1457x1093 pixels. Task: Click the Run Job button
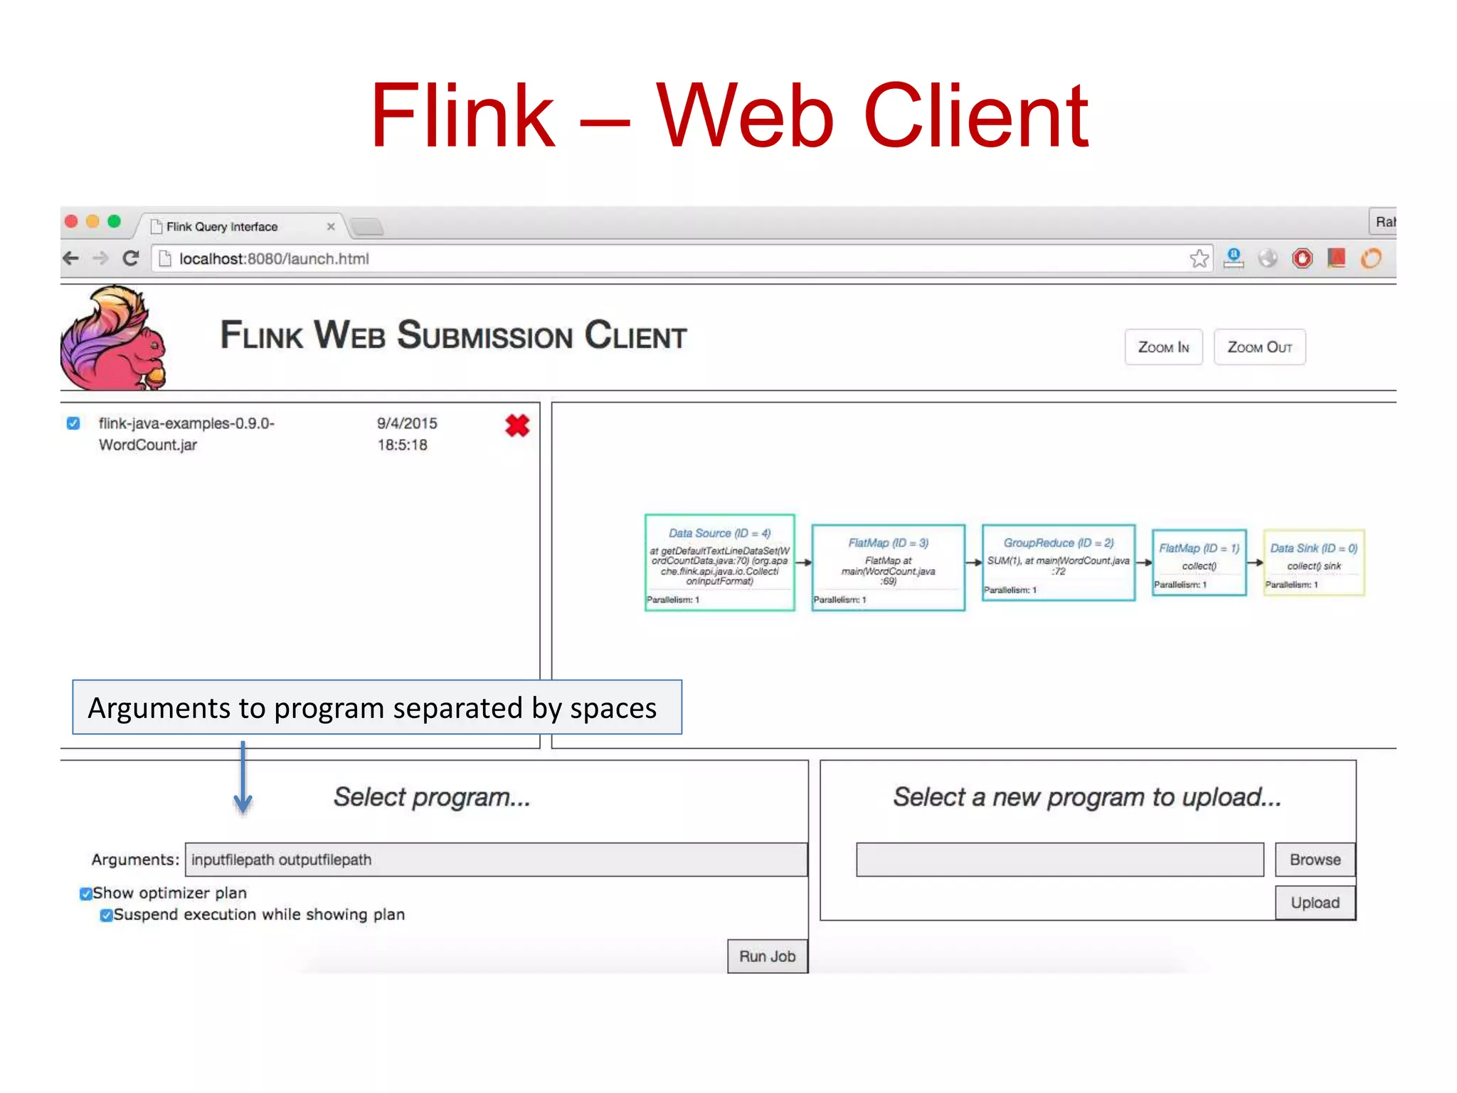tap(767, 956)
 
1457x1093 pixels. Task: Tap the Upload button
tap(1315, 902)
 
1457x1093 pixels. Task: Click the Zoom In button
tap(1163, 347)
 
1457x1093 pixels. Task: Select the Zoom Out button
tap(1259, 347)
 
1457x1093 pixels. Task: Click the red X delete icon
tap(517, 426)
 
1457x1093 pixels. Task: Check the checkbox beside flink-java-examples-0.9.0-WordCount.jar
tap(73, 423)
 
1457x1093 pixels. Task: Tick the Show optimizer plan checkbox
tap(86, 894)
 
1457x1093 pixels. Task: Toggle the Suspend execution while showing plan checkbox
tap(106, 915)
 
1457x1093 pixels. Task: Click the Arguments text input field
tap(496, 860)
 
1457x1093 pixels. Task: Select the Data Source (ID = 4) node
tap(719, 562)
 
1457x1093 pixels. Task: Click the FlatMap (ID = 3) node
tap(888, 567)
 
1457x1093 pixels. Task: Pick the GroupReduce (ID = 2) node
tap(1058, 562)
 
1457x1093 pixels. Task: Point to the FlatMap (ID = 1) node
tap(1199, 562)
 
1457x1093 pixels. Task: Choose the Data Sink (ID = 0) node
tap(1313, 562)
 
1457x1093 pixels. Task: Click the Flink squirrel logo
tap(114, 338)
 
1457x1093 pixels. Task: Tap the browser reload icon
tap(130, 258)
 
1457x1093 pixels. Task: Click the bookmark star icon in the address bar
tap(1199, 258)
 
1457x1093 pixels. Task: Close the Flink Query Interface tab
tap(331, 226)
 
